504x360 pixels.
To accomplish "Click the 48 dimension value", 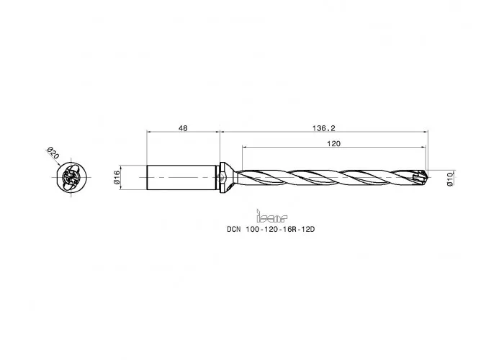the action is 183,128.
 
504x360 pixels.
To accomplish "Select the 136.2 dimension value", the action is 324,128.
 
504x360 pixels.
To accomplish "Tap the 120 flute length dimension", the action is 333,144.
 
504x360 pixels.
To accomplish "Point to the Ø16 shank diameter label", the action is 117,177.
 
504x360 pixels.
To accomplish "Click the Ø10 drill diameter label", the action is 450,179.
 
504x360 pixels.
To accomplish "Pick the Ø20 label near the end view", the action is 53,153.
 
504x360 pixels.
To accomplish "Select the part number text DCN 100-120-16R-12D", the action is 271,229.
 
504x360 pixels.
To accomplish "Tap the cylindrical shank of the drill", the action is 181,177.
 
